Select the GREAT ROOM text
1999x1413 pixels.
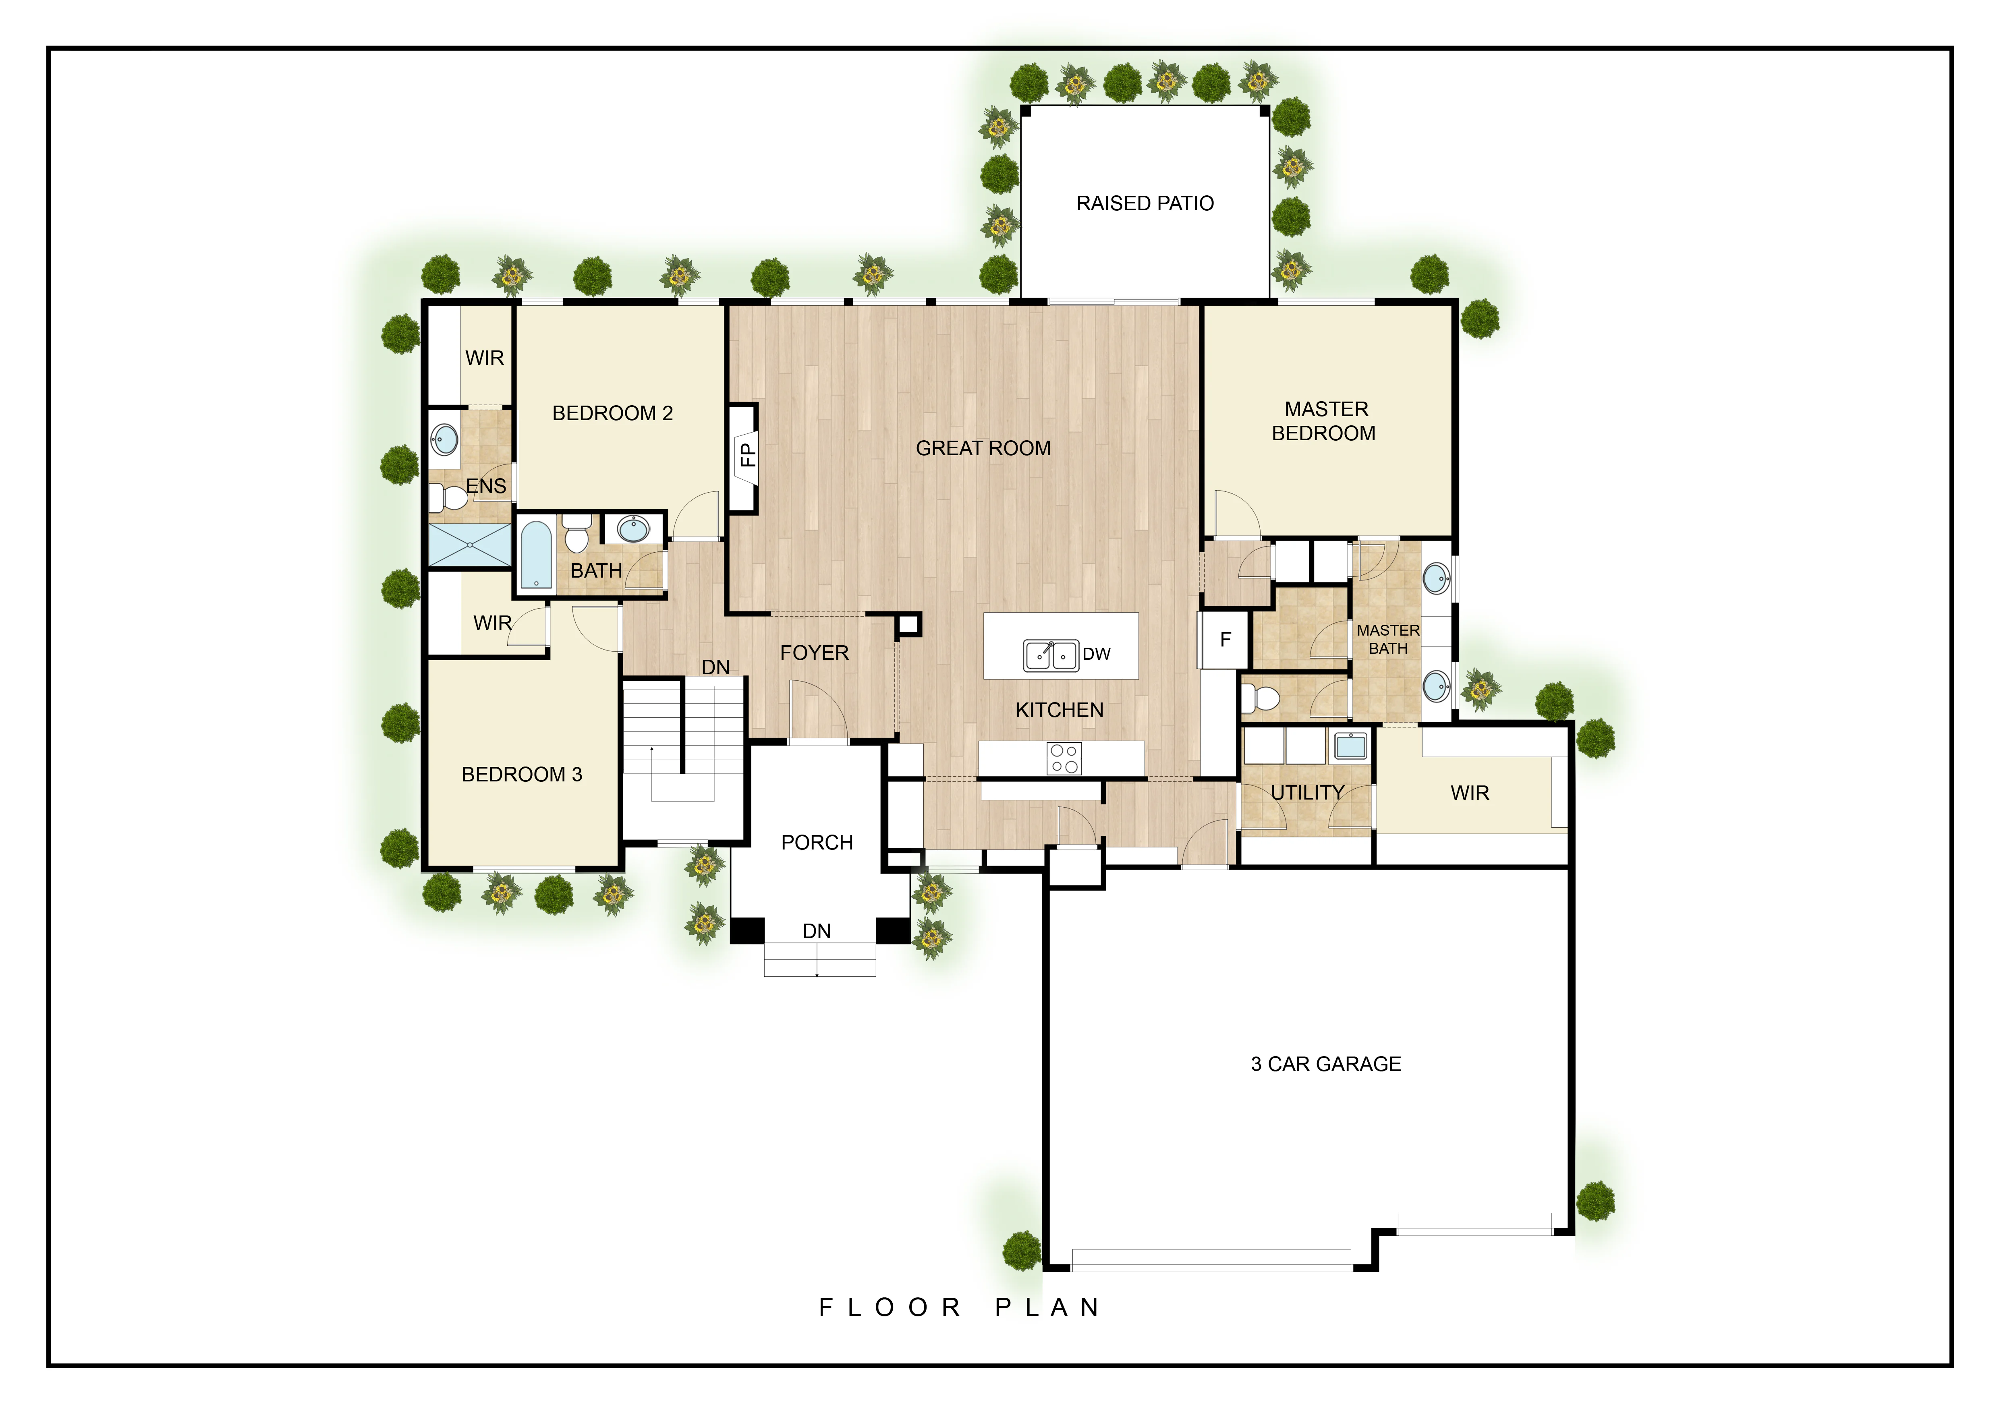[x=983, y=448]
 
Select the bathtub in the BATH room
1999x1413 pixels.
[x=535, y=555]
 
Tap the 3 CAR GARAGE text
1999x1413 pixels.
[x=1325, y=1064]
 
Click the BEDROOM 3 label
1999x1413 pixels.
[x=522, y=774]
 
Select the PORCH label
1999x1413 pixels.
[x=817, y=843]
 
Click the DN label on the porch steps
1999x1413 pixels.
[x=817, y=932]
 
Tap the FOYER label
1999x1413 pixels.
[x=814, y=653]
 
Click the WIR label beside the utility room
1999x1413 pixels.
[x=1470, y=793]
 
